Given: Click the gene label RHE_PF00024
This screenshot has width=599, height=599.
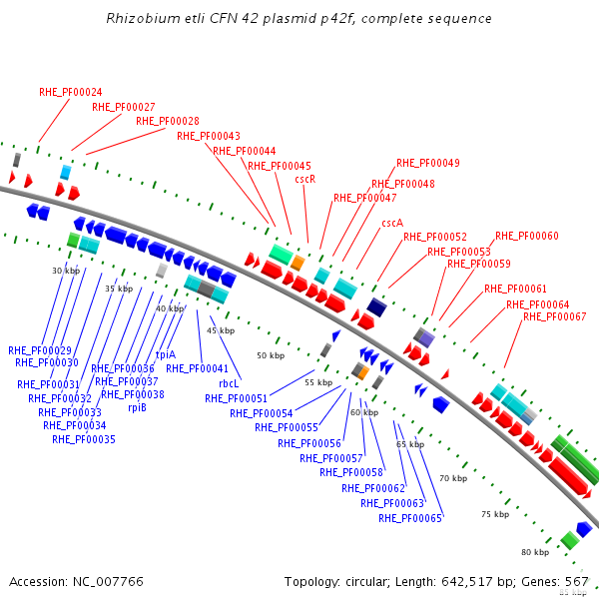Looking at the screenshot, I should [x=71, y=92].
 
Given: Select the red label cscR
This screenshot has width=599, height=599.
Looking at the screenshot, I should [x=305, y=180].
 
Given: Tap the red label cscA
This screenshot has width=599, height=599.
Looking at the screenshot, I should [x=392, y=224].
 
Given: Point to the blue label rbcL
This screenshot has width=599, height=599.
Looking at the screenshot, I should [x=230, y=382].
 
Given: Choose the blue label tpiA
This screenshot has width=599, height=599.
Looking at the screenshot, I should [x=166, y=354].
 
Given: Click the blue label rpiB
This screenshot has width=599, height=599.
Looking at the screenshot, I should [x=137, y=407].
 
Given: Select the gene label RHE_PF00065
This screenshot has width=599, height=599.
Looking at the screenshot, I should [x=409, y=518].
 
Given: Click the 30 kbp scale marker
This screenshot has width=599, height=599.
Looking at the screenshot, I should [x=65, y=271].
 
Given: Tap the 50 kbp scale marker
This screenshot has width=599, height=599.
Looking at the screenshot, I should [x=270, y=355].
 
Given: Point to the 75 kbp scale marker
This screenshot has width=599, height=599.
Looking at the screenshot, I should [x=494, y=514].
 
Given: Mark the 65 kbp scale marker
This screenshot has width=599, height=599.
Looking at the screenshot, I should [x=409, y=444].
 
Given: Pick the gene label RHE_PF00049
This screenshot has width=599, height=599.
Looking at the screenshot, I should [x=427, y=163].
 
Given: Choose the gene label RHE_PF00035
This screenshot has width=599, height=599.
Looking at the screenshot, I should [x=84, y=439].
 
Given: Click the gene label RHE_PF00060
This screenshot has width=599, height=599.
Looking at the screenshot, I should [x=526, y=237].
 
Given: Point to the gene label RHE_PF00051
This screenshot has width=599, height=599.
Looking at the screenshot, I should [x=236, y=398].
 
